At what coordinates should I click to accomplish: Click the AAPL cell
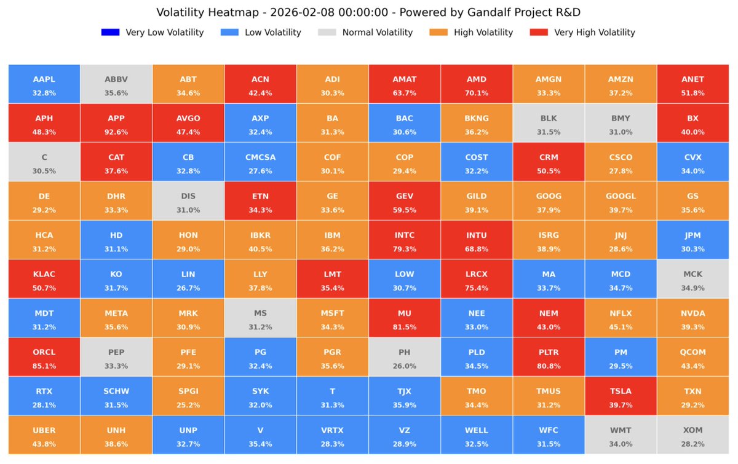point(44,85)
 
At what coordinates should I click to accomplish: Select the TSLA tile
point(621,396)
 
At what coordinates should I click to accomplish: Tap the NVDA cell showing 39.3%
point(692,318)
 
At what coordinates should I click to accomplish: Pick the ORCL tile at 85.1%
point(44,357)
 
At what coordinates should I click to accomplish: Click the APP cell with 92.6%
point(116,124)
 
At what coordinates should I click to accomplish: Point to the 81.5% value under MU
point(404,326)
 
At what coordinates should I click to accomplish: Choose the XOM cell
point(692,435)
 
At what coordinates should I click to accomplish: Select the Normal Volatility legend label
point(377,33)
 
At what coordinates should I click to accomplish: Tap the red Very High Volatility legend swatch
point(538,33)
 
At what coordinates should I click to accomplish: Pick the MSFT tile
point(332,318)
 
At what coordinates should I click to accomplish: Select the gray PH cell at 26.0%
point(404,357)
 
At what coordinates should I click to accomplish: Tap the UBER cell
point(44,435)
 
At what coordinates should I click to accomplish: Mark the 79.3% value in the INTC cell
point(404,249)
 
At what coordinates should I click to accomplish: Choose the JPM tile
point(692,240)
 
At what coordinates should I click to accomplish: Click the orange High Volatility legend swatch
point(438,33)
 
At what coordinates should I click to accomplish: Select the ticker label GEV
point(404,196)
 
